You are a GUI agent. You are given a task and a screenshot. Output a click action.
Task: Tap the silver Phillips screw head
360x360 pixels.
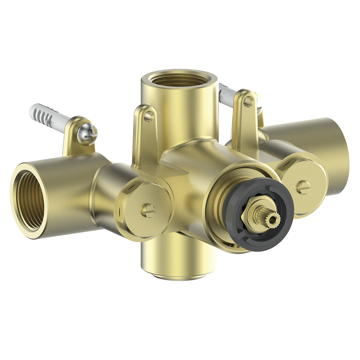point(88,134)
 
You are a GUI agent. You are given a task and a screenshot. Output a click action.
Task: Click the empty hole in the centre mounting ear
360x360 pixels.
point(148,116)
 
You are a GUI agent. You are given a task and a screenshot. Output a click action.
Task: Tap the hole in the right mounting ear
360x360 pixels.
point(248,102)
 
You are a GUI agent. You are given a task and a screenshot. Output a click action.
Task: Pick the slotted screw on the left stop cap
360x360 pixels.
point(148,210)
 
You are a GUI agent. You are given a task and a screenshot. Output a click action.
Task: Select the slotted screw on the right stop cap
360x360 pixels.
point(303,187)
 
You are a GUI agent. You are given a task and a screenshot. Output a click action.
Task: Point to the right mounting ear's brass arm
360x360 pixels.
point(243,123)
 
